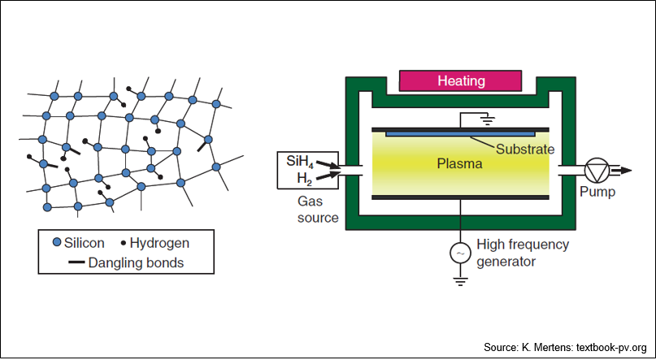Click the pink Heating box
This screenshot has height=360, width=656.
tap(460, 80)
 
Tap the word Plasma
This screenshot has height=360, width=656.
tap(459, 163)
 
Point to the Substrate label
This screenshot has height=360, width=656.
tap(525, 150)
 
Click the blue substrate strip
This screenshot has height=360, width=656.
tap(460, 134)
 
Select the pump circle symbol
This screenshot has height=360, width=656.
tap(597, 169)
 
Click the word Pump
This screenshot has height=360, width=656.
tap(597, 193)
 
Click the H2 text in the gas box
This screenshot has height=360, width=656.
tap(305, 179)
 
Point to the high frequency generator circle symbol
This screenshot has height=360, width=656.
tap(460, 253)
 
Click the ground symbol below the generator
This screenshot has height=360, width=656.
tap(460, 282)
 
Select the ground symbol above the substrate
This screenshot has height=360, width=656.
tap(488, 120)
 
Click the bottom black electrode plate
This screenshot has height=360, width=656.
tap(460, 197)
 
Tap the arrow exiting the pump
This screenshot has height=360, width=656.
tap(619, 170)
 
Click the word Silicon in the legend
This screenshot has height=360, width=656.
tap(84, 243)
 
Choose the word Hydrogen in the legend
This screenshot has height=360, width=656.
tap(159, 243)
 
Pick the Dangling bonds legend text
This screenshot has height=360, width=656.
tap(136, 262)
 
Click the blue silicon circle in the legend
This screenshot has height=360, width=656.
tap(57, 242)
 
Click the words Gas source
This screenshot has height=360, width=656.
tap(318, 210)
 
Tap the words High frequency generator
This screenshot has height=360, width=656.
tap(523, 253)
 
